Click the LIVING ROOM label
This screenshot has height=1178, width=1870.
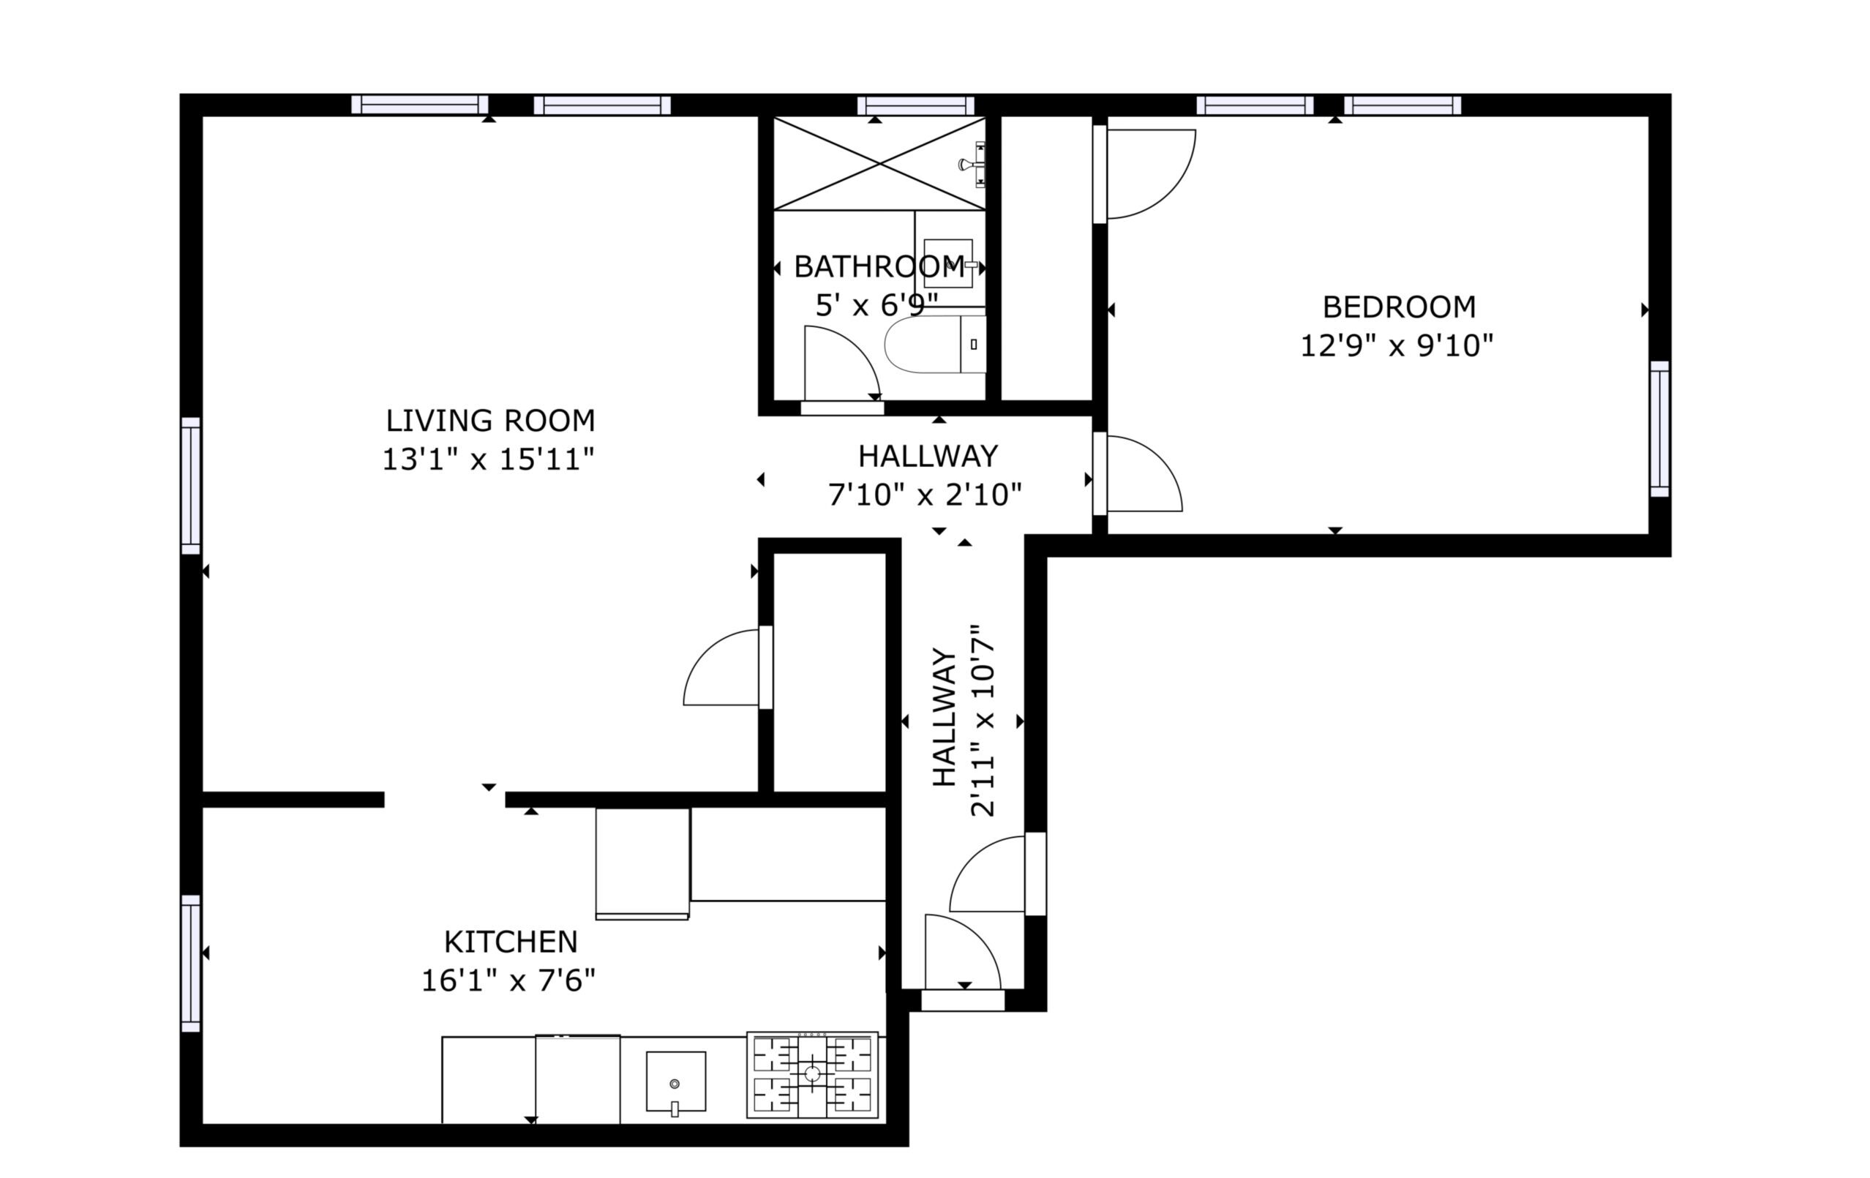point(490,421)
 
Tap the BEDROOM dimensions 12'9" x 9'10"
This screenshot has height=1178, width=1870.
point(1397,345)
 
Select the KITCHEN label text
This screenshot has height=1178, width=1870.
point(511,942)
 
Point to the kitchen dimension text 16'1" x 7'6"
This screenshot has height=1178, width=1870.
point(508,980)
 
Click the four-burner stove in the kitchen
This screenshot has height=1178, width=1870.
point(812,1075)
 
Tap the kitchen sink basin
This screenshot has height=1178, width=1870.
point(675,1081)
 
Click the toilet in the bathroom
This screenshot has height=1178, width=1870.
point(935,344)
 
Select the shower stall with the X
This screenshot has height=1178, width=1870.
point(880,163)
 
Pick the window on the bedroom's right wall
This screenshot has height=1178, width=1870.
point(1659,429)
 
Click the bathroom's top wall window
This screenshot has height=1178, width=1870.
point(915,105)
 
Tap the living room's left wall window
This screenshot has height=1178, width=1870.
point(190,486)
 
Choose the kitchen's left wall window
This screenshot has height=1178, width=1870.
point(190,964)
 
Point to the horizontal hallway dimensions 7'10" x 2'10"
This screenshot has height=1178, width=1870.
point(925,495)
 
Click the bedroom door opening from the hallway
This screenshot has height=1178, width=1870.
point(1138,473)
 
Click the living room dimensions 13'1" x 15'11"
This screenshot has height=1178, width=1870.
point(489,459)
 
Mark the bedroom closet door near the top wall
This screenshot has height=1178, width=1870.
point(1145,174)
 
